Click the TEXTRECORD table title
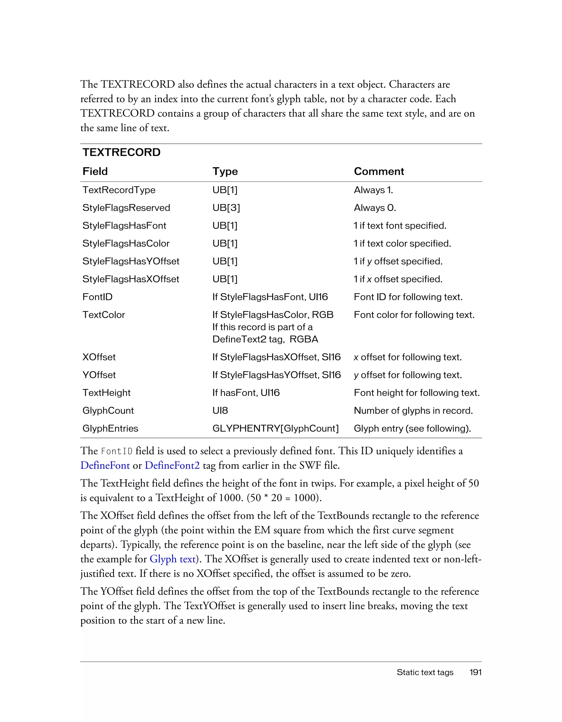click(121, 152)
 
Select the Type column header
click(225, 171)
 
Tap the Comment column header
click(379, 171)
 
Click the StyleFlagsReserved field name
click(126, 208)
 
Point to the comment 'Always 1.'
click(373, 190)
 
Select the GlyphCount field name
click(108, 410)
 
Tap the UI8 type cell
click(220, 410)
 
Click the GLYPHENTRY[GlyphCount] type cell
click(275, 428)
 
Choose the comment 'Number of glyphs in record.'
click(413, 410)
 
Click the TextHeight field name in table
click(106, 393)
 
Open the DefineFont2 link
click(172, 465)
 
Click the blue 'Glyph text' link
click(172, 559)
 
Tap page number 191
click(475, 672)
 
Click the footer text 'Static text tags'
click(425, 672)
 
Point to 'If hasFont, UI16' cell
click(246, 393)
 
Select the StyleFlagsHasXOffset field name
click(131, 279)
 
